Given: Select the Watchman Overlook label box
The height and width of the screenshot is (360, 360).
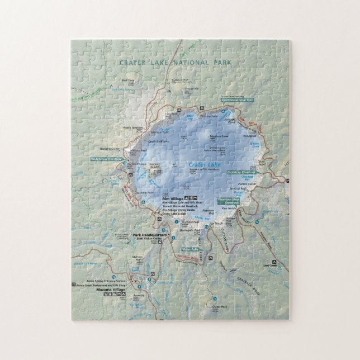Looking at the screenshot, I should point(106,159).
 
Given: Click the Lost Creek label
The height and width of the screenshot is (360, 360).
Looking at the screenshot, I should point(271,266).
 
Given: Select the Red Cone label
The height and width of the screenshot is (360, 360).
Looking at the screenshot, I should point(129,80).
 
